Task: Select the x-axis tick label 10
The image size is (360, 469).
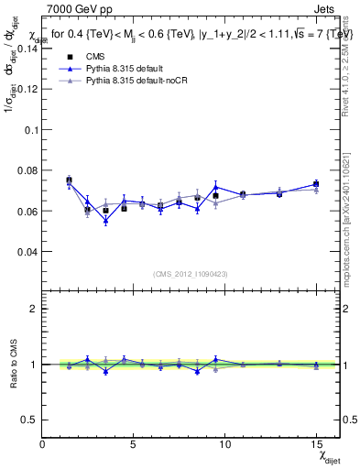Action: click(x=225, y=444)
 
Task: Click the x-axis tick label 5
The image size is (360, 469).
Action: click(x=134, y=444)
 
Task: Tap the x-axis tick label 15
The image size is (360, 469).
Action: click(x=316, y=444)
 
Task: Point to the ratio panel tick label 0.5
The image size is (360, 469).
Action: click(x=30, y=420)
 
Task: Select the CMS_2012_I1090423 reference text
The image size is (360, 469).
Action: click(x=191, y=274)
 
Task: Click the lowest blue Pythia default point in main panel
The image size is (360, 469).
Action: click(x=105, y=221)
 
